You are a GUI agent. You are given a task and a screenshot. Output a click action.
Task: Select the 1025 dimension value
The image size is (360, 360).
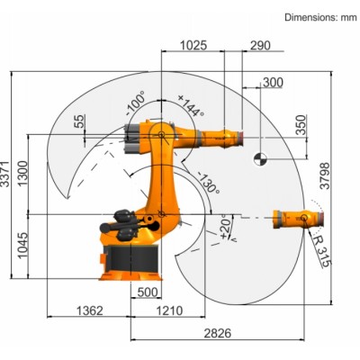pyautogui.click(x=195, y=44)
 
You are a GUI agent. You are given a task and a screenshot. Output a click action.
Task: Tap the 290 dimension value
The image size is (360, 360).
pyautogui.click(x=261, y=44)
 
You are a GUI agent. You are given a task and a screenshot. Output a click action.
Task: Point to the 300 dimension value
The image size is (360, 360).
pyautogui.click(x=271, y=83)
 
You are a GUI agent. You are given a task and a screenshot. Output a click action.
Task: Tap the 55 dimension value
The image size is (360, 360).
pyautogui.click(x=80, y=120)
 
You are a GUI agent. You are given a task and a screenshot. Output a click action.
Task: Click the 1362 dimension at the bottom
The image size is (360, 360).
pyautogui.click(x=88, y=310)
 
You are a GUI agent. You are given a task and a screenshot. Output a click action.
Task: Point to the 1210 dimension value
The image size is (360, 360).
pyautogui.click(x=168, y=310)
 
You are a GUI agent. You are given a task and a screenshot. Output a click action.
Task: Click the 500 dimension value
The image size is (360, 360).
pyautogui.click(x=149, y=292)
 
